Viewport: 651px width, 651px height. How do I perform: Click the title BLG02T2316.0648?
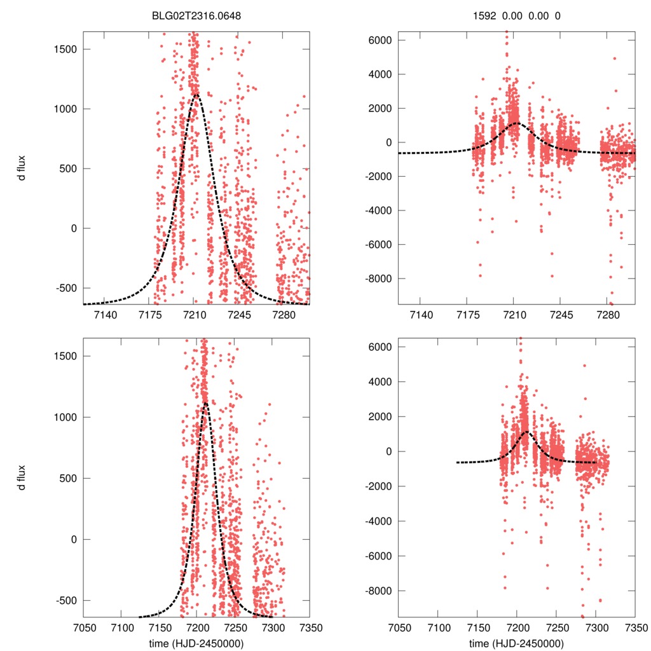pos(196,15)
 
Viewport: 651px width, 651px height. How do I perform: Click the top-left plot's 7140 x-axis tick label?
pos(106,314)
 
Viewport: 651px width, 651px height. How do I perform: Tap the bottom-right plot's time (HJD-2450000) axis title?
pos(516,643)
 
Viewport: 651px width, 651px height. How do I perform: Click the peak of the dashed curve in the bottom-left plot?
pos(205,402)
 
